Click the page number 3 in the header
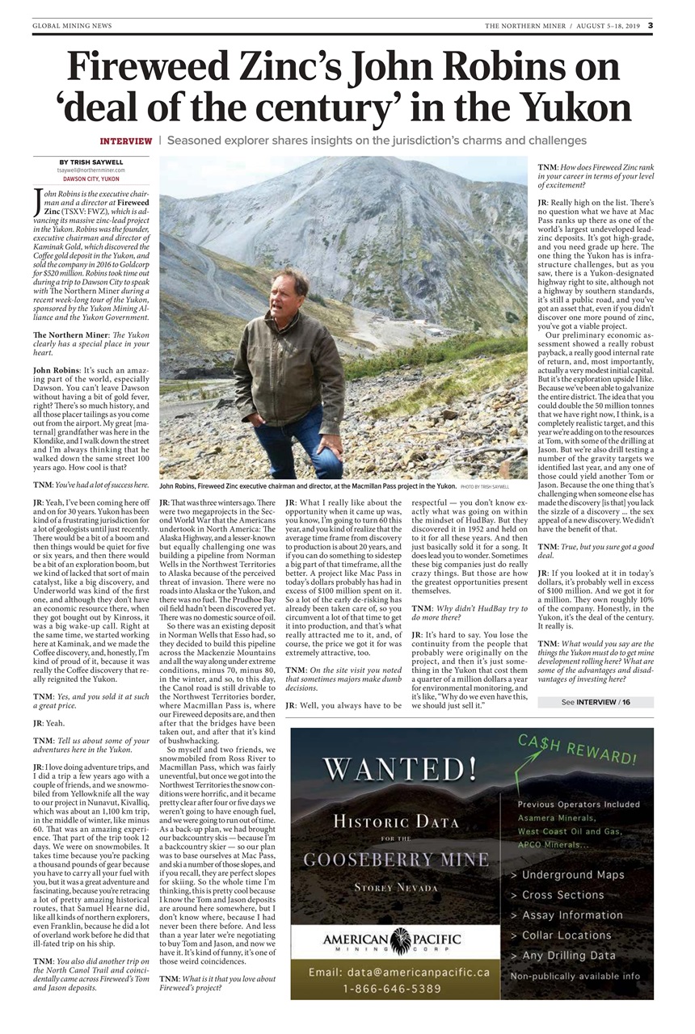[649, 25]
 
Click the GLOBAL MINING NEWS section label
[72, 26]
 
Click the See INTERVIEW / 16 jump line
[596, 702]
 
